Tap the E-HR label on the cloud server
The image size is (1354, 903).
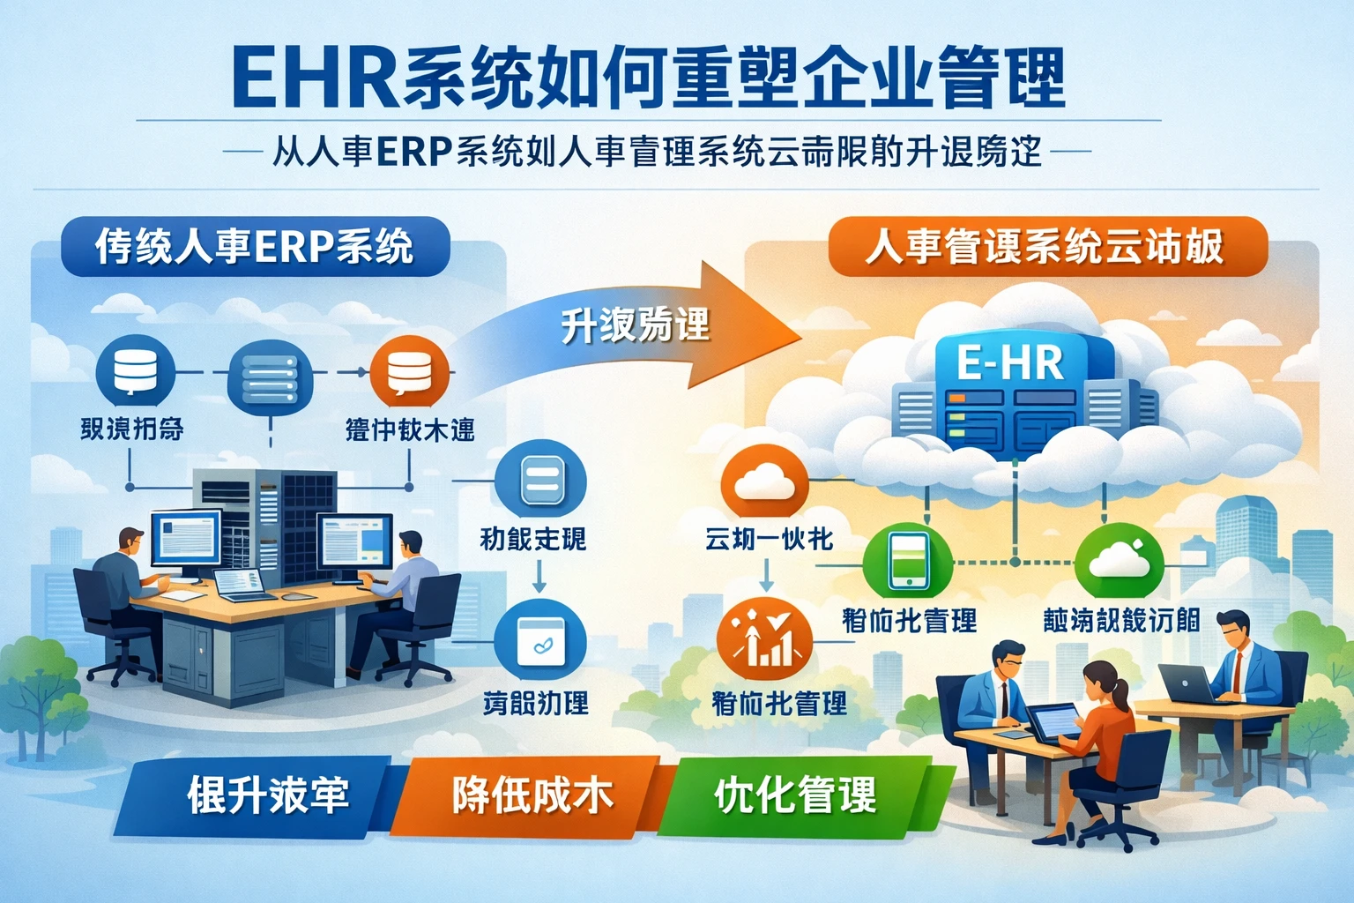(x=1010, y=362)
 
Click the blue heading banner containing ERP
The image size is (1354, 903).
(x=255, y=246)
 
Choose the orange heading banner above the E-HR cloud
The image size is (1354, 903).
(x=1047, y=246)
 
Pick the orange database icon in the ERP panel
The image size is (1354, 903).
(x=409, y=371)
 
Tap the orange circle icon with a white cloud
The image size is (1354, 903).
(x=764, y=483)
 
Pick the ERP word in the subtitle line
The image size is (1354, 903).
(x=413, y=152)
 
